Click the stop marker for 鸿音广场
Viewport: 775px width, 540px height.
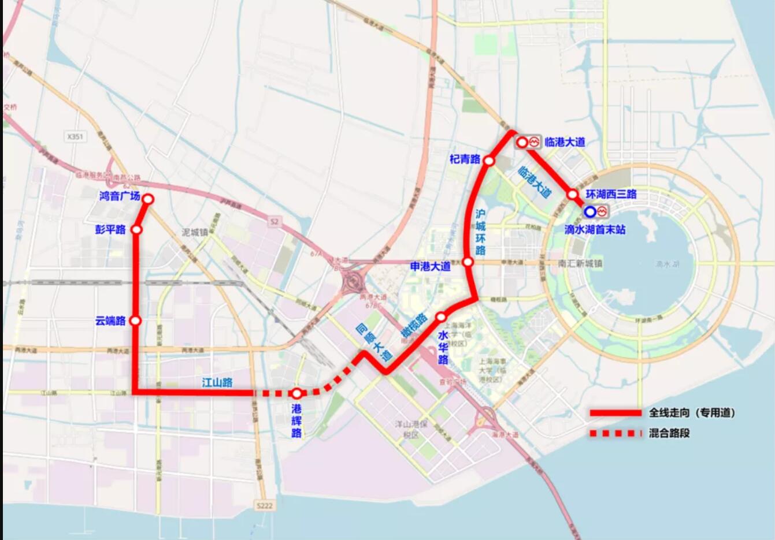pos(148,199)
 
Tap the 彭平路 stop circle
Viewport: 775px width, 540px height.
pos(137,230)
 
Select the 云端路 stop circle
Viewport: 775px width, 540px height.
pos(136,321)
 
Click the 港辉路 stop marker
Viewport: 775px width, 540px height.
pos(296,394)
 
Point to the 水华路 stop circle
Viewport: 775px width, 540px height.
pos(441,317)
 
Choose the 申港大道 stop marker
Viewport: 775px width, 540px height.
pos(468,262)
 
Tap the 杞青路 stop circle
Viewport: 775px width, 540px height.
pos(489,161)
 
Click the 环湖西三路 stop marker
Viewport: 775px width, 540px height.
pos(572,195)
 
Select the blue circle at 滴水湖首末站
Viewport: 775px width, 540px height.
pos(590,212)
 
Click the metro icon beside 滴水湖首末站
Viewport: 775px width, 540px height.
pos(603,211)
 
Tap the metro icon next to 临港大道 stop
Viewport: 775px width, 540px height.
pos(534,141)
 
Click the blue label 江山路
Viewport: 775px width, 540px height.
pos(217,382)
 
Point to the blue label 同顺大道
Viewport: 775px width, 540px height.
pos(373,342)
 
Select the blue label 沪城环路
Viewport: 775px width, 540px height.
pos(481,232)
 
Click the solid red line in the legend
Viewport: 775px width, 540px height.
pos(615,413)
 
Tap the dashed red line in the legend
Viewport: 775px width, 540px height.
pos(615,433)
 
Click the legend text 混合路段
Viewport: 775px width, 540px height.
pos(669,433)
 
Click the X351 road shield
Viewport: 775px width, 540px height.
pos(75,137)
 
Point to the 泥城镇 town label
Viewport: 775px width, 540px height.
pos(195,232)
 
